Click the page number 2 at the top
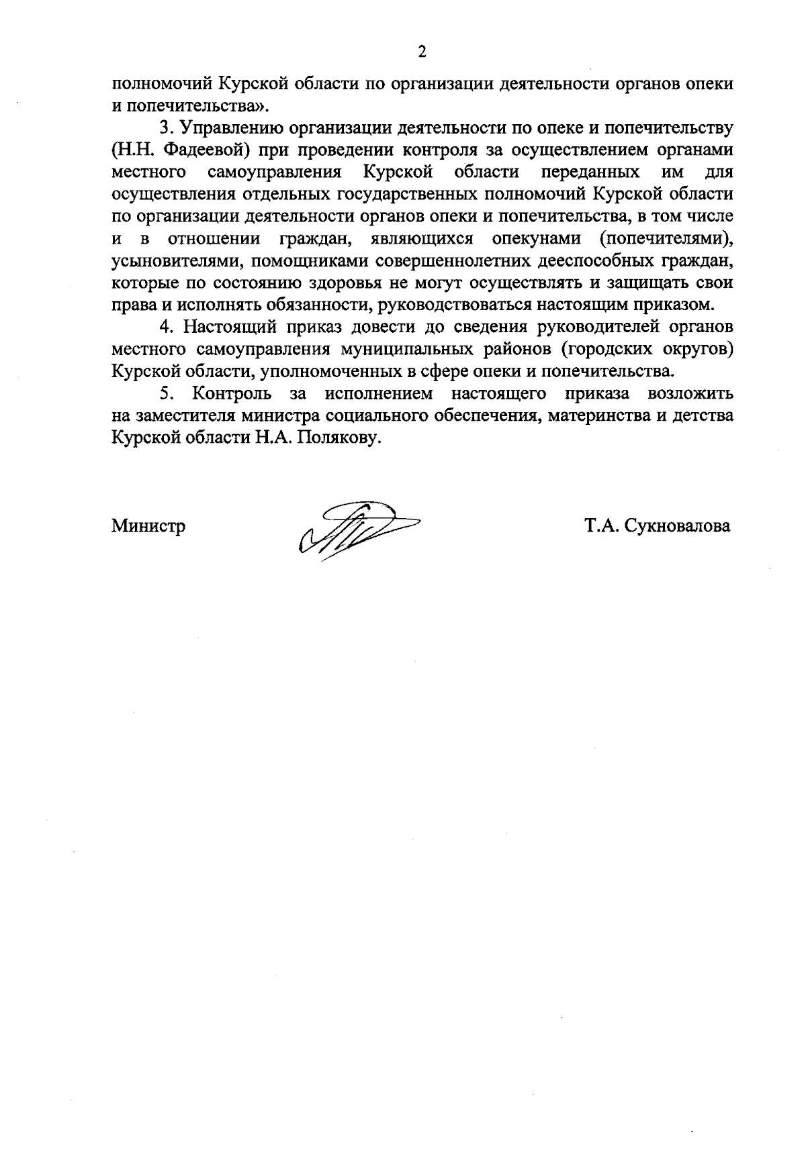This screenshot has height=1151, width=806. tap(422, 52)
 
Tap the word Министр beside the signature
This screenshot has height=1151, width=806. tap(148, 527)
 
